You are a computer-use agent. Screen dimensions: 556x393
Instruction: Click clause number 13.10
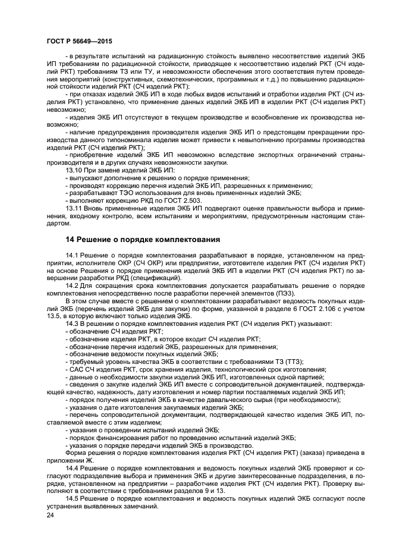coord(73,170)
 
